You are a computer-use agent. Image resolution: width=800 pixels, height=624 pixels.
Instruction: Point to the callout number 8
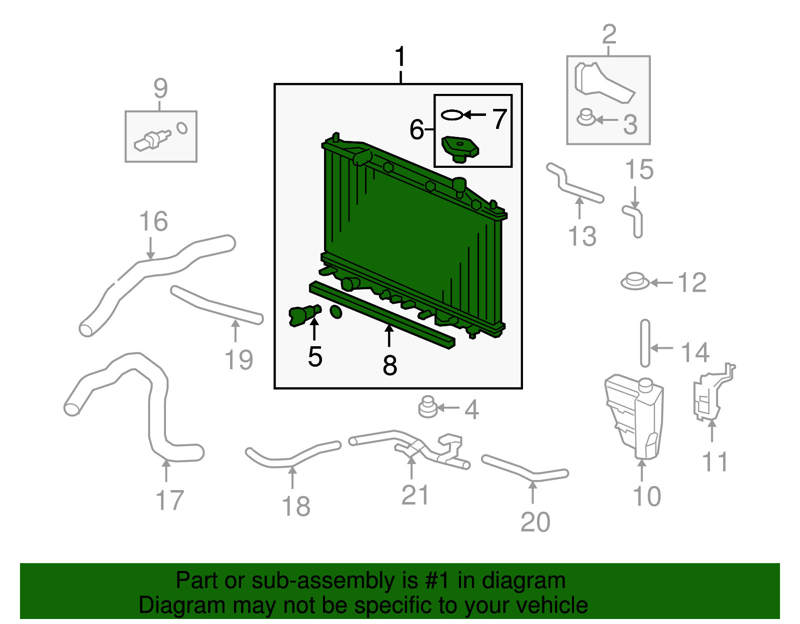tap(390, 365)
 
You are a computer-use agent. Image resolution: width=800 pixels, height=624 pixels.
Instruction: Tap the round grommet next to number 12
tap(635, 282)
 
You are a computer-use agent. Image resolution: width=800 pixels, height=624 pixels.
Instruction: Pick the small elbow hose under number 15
tap(634, 220)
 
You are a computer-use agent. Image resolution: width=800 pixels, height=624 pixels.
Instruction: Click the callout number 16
tap(153, 221)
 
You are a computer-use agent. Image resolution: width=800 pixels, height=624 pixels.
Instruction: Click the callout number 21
tap(415, 495)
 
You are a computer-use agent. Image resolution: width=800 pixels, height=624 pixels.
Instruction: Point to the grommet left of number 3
tap(585, 118)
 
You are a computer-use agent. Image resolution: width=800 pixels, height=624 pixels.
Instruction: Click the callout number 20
tap(535, 522)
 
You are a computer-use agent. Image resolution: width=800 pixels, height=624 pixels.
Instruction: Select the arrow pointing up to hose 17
tap(166, 471)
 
